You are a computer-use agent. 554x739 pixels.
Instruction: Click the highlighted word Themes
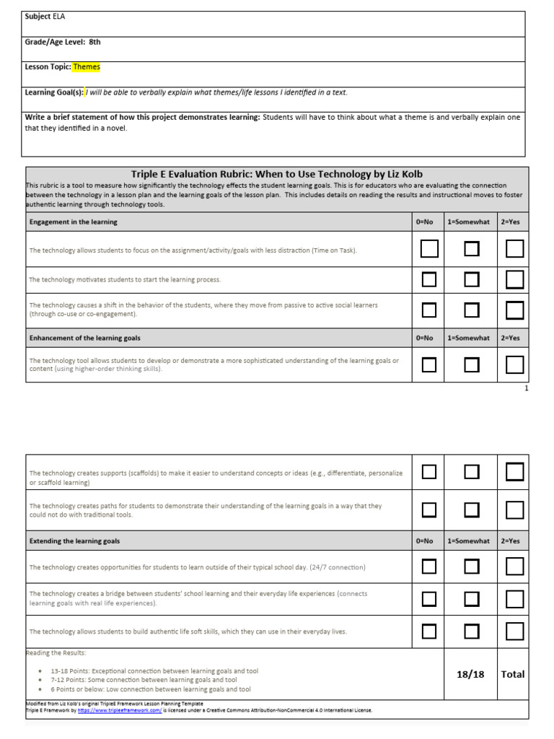(x=87, y=67)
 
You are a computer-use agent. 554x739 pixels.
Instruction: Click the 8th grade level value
(x=94, y=42)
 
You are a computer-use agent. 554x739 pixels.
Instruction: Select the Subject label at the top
(x=38, y=16)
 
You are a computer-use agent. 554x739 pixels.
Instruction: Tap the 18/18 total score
(x=470, y=674)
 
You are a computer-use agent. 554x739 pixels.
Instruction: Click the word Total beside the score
(x=513, y=674)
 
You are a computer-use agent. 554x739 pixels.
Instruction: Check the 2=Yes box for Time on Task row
(x=514, y=249)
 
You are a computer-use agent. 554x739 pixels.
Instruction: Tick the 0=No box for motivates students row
(x=429, y=279)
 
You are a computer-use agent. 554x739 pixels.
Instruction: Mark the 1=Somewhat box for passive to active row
(x=472, y=310)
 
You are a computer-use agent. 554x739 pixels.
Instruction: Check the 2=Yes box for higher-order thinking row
(x=514, y=364)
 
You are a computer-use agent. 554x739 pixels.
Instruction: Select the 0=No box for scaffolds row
(x=429, y=472)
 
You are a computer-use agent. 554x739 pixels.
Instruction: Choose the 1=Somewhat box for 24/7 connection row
(x=472, y=566)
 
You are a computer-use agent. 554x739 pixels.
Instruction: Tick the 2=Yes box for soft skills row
(x=514, y=631)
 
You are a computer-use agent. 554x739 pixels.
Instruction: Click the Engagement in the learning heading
(x=73, y=222)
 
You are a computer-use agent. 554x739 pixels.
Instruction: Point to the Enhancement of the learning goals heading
(x=84, y=338)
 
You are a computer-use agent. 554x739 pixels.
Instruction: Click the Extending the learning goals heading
(x=74, y=541)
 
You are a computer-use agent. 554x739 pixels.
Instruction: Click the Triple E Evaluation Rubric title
(x=276, y=174)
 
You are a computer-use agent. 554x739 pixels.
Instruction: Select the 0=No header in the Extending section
(x=425, y=541)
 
